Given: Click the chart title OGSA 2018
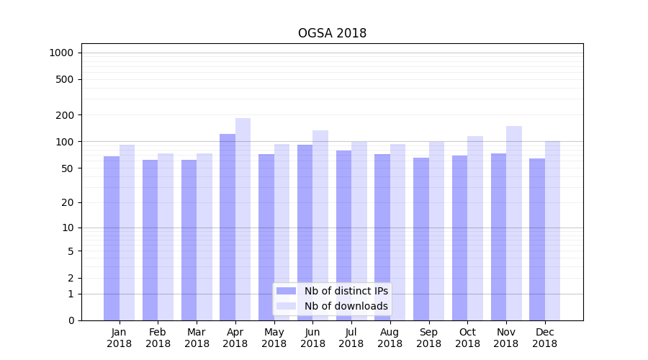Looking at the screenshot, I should pyautogui.click(x=332, y=34).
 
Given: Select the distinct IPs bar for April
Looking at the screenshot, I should pyautogui.click(x=228, y=227).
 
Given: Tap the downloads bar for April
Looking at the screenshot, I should pyautogui.click(x=243, y=219).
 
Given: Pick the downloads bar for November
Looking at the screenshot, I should pyautogui.click(x=514, y=223).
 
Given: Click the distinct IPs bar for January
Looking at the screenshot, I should pyautogui.click(x=112, y=238).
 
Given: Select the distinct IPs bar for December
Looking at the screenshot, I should pyautogui.click(x=537, y=239).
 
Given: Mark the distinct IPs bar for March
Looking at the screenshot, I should pyautogui.click(x=189, y=240).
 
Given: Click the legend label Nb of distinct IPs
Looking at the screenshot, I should pyautogui.click(x=346, y=291).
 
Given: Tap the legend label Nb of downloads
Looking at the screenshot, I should pyautogui.click(x=346, y=306).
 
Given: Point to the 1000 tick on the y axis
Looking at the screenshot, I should pyautogui.click(x=61, y=53).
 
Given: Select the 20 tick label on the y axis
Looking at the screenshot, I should pyautogui.click(x=68, y=202).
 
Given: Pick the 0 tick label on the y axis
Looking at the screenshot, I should pyautogui.click(x=71, y=320).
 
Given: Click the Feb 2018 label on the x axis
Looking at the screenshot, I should pyautogui.click(x=158, y=338).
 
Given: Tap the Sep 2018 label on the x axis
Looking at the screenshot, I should pyautogui.click(x=428, y=338).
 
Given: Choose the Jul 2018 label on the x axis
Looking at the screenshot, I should pyautogui.click(x=351, y=338).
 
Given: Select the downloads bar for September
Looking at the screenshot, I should pyautogui.click(x=436, y=230).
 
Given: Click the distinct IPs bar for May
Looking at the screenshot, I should pyautogui.click(x=266, y=237).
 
